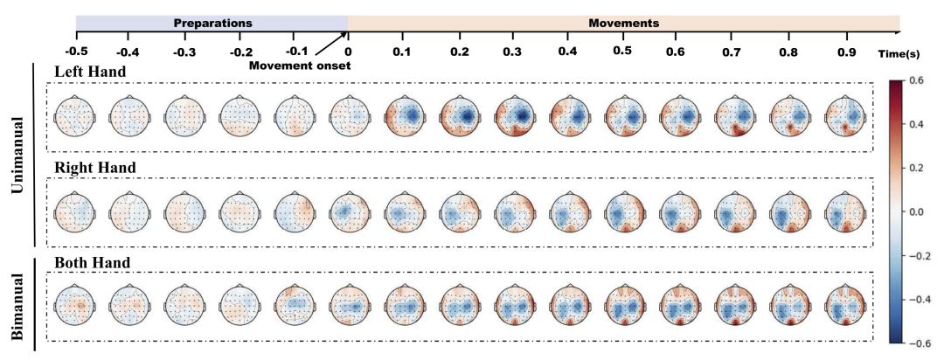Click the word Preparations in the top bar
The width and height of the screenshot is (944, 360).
click(212, 22)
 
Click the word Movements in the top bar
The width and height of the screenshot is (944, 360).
click(624, 22)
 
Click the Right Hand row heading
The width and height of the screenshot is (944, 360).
click(94, 166)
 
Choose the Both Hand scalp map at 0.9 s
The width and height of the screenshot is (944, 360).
click(843, 308)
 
